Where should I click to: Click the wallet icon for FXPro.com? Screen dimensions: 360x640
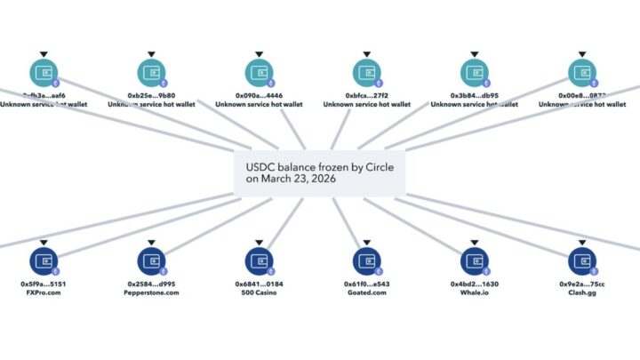tap(43, 260)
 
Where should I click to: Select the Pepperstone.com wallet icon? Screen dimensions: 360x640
tap(152, 260)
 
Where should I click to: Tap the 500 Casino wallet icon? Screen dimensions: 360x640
tap(259, 260)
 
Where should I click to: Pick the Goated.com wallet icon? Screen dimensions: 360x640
tap(366, 260)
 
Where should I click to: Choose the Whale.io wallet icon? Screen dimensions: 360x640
tap(475, 260)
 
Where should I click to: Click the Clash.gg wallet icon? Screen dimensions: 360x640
tap(583, 260)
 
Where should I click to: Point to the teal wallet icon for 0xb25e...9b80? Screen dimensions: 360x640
tap(152, 72)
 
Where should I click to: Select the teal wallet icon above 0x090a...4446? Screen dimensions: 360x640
tap(259, 72)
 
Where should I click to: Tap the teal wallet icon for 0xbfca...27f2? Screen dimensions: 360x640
tap(366, 72)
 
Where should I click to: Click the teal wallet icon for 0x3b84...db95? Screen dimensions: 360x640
tap(475, 72)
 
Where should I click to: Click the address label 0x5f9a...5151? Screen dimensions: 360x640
tap(43, 284)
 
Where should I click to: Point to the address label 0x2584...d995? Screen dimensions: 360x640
tap(152, 284)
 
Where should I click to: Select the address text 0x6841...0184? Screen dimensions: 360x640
tap(259, 284)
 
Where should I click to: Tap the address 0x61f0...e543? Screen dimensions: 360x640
tap(366, 284)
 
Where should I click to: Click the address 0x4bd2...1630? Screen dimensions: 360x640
tap(475, 284)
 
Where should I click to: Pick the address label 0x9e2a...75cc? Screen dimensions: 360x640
tap(583, 284)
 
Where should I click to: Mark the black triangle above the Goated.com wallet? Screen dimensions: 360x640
tap(366, 242)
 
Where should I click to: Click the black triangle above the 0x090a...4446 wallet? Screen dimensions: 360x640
tap(259, 54)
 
